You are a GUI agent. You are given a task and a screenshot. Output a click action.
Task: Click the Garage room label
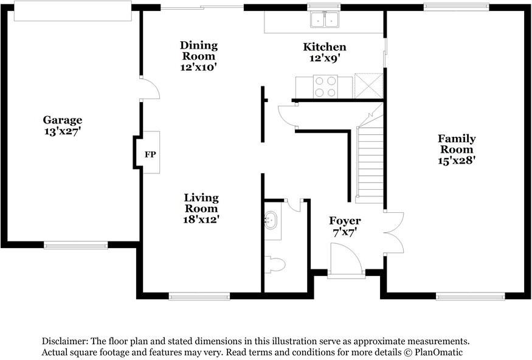tap(63, 120)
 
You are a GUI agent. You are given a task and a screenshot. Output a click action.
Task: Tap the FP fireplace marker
tap(150, 154)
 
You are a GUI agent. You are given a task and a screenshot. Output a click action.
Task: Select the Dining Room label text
tap(198, 50)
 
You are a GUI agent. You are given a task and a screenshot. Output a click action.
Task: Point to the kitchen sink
tap(324, 21)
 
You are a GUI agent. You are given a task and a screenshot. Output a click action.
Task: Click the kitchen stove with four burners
tap(325, 86)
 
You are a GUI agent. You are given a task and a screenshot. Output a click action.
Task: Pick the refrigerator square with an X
tap(368, 85)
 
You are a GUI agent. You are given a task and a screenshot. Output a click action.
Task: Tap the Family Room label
tap(457, 144)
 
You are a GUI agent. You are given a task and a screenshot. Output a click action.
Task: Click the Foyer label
tap(345, 220)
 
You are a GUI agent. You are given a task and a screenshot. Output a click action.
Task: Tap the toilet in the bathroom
tap(276, 265)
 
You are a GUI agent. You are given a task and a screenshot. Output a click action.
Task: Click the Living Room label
tap(201, 203)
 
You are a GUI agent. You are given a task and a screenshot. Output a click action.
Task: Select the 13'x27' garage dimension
tap(63, 131)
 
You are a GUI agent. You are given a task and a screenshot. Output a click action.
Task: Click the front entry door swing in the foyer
tap(345, 258)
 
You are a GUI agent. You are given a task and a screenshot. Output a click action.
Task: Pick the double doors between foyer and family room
tap(394, 233)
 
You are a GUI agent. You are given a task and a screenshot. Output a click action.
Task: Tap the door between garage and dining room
tap(150, 89)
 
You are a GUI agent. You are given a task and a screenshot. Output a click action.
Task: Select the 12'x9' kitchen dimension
tap(325, 58)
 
